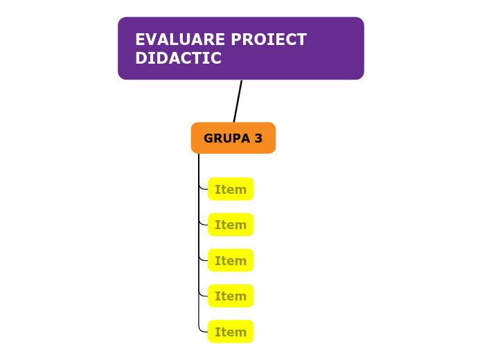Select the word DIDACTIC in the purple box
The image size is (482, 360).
coord(178,59)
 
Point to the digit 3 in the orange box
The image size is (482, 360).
coord(258,138)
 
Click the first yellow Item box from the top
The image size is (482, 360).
coord(231,189)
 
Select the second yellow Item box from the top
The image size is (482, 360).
coord(231,225)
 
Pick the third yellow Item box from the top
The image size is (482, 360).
coord(231,261)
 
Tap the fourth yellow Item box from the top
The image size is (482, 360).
coord(231,296)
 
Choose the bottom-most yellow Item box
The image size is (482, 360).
coord(231,332)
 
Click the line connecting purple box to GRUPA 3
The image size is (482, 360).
coord(238,101)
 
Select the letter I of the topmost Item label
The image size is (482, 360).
coord(217,190)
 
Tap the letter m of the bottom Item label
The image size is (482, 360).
coord(240,333)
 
